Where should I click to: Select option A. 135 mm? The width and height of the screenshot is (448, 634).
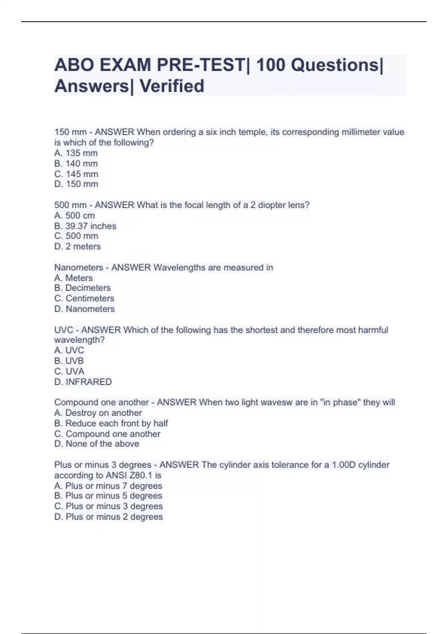76,153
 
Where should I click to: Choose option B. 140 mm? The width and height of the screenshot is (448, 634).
76,164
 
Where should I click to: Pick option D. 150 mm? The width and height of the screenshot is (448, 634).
76,184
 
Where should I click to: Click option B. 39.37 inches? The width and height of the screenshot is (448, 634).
85,226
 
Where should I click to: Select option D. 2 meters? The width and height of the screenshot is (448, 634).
78,247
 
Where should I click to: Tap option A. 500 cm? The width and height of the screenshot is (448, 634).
75,216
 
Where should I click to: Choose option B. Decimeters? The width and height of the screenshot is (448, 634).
83,288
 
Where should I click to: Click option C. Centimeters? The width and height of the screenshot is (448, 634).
84,298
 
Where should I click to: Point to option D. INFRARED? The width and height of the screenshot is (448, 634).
83,382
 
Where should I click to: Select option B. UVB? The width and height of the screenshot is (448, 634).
69,361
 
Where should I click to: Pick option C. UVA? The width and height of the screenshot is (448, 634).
69,371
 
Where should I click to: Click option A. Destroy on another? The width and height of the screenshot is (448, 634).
98,413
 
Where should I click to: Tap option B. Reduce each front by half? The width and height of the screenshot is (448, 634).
111,423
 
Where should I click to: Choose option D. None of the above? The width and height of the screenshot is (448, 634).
97,444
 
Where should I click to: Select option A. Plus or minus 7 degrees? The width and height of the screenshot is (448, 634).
108,486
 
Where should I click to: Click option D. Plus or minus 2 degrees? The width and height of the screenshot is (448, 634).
109,517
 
